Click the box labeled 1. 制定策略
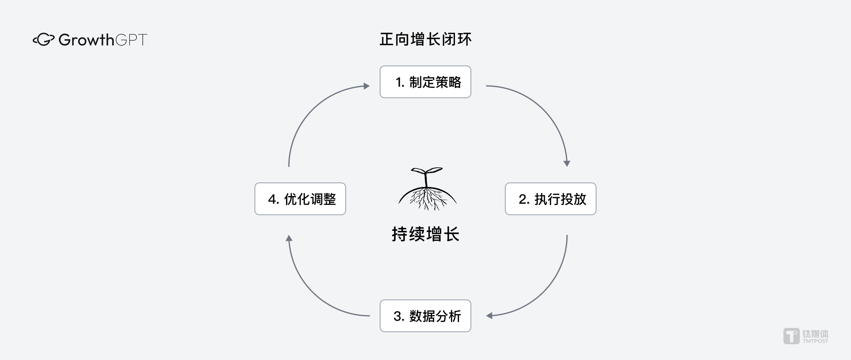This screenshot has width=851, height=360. coord(425,82)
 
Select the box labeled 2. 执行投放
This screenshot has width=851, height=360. coord(551,199)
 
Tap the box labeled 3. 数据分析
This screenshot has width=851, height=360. coord(425,316)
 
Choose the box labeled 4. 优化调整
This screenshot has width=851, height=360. coord(300,199)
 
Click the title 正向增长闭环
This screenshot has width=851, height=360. coord(425,39)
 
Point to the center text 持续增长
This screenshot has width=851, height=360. coord(425,234)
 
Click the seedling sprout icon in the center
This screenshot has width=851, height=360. coord(427,189)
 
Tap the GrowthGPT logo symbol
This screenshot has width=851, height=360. coord(43,40)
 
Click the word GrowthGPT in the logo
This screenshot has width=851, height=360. coord(103,40)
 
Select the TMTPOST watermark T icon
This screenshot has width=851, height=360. coord(791,336)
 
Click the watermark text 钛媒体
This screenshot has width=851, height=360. coord(815,333)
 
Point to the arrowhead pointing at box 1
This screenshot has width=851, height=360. coord(367,86)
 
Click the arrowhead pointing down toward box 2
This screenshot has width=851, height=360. coord(567,163)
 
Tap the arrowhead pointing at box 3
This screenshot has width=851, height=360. coord(489,316)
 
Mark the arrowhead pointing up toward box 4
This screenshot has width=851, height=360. coord(289,238)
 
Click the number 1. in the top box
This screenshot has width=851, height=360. coord(400,82)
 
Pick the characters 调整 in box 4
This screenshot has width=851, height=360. coord(323,199)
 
